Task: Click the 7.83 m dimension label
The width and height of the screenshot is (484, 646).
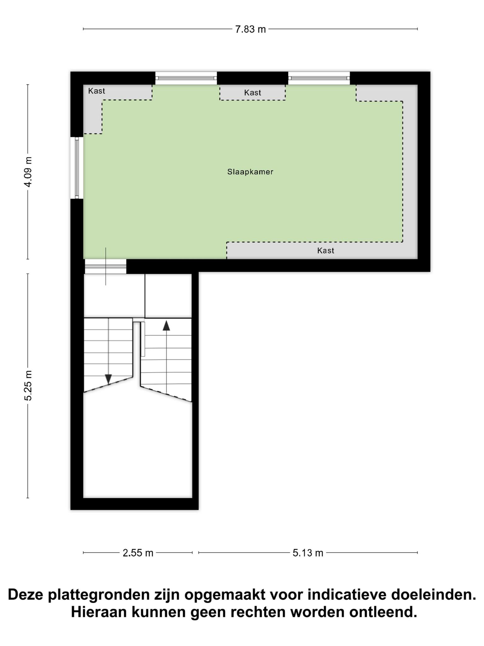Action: tap(251, 29)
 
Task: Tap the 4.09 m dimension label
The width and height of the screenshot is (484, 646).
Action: tap(28, 172)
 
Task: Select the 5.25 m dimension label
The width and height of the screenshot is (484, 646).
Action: tap(28, 385)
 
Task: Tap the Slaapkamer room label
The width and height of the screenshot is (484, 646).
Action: tap(250, 172)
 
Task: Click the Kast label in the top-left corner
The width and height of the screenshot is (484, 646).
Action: tap(96, 91)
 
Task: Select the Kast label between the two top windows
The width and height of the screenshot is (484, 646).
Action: tap(253, 92)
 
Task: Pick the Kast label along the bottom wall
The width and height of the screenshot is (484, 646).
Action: tap(326, 250)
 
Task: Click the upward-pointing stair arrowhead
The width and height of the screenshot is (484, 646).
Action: tap(166, 325)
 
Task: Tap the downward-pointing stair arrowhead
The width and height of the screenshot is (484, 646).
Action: tap(108, 379)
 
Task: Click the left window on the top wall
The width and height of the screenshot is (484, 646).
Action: tap(186, 78)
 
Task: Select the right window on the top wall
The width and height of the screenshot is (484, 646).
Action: tap(319, 78)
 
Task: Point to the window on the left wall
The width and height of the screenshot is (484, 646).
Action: tap(77, 168)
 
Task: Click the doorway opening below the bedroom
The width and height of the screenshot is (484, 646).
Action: tap(106, 267)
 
